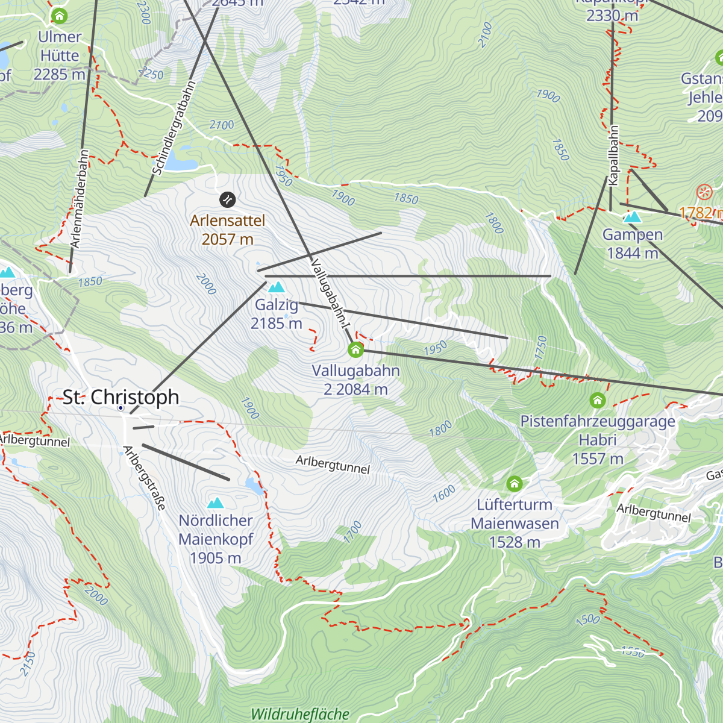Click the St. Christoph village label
pyautogui.click(x=121, y=397)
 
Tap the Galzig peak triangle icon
pyautogui.click(x=277, y=287)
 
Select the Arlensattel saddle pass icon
pyautogui.click(x=227, y=199)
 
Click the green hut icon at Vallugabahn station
pyautogui.click(x=355, y=349)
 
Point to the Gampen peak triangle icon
pyautogui.click(x=632, y=217)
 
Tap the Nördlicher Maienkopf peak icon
pyautogui.click(x=215, y=503)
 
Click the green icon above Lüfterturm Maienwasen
pyautogui.click(x=514, y=484)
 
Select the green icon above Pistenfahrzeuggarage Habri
pyautogui.click(x=597, y=401)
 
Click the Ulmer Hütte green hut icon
pyautogui.click(x=59, y=16)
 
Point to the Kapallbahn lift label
pyautogui.click(x=613, y=155)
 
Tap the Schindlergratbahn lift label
pyautogui.click(x=174, y=128)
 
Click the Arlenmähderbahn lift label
pyautogui.click(x=80, y=199)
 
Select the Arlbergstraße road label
pyautogui.click(x=144, y=478)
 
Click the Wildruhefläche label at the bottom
pyautogui.click(x=300, y=715)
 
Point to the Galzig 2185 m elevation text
pyautogui.click(x=277, y=324)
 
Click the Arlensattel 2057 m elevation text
pyautogui.click(x=227, y=239)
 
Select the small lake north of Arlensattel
pyautogui.click(x=181, y=161)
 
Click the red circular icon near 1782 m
pyautogui.click(x=704, y=193)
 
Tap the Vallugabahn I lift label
pyautogui.click(x=330, y=293)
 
